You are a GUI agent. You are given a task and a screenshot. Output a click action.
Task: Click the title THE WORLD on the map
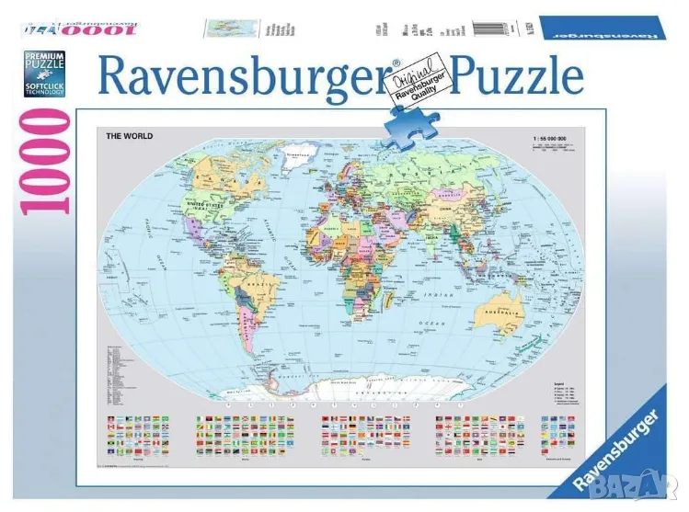129,136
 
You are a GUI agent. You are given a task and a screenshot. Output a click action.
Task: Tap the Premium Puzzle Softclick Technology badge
45,75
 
